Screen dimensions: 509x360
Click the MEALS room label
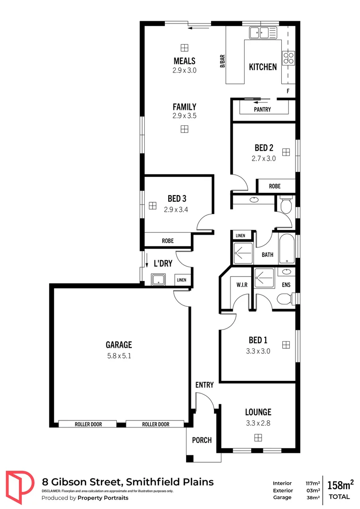184,61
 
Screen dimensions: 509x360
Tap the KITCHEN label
262,67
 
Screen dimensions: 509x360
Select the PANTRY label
262,109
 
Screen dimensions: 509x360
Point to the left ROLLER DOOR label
88,424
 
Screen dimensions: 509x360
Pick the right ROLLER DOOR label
155,424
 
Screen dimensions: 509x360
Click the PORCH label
202,440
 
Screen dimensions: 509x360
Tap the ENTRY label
205,385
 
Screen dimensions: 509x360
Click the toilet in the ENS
285,299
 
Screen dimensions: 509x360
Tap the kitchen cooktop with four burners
288,57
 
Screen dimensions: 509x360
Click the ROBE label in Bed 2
275,186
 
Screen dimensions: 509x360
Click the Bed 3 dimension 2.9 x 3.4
176,210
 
